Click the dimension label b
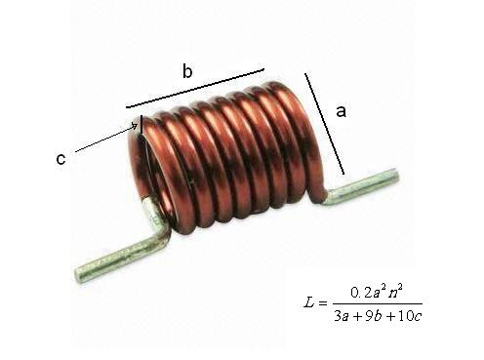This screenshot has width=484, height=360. [187, 71]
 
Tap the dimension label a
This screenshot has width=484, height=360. [341, 111]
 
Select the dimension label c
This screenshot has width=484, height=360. [60, 159]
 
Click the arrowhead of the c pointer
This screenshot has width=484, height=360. [135, 126]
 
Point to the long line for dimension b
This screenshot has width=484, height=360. [195, 88]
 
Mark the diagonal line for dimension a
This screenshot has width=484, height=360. [324, 124]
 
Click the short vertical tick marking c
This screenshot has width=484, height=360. [141, 125]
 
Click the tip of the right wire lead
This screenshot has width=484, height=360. [395, 175]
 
